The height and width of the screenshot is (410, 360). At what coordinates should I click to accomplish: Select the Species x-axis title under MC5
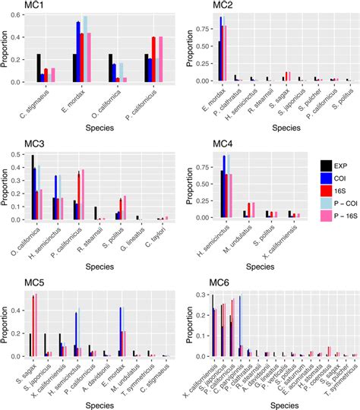96,403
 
